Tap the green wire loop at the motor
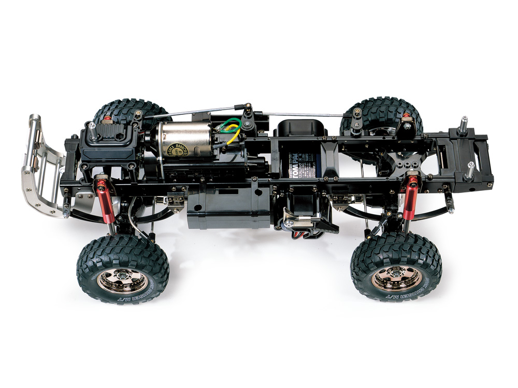[231, 124]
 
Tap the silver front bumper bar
[35, 140]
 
